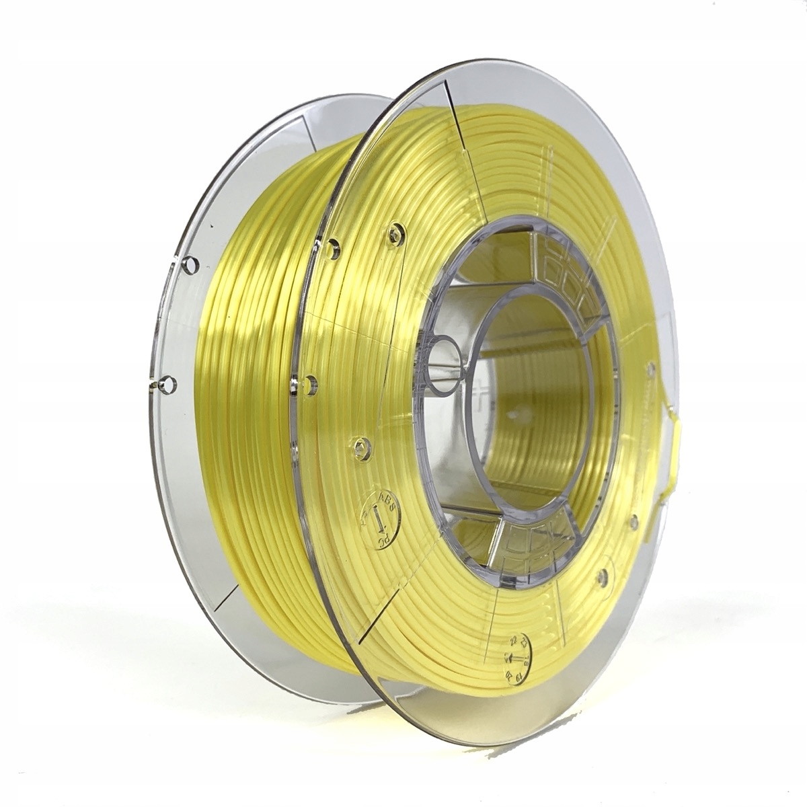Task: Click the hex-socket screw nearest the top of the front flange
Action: coord(395,235)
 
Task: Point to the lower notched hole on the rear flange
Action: coord(165,385)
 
